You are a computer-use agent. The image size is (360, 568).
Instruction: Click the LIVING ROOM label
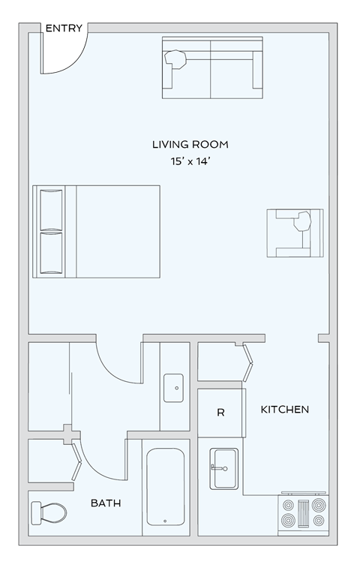click(190, 144)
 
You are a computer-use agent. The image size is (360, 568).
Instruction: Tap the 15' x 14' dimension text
click(190, 161)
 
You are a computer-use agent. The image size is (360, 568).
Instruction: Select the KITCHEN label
click(284, 410)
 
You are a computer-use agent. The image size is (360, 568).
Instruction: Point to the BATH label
click(106, 503)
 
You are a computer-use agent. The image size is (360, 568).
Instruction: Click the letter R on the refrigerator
click(220, 413)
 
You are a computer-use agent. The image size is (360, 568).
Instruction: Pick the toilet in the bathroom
click(49, 512)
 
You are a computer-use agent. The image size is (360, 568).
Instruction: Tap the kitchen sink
click(223, 468)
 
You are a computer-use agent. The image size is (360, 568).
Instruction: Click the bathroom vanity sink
click(174, 388)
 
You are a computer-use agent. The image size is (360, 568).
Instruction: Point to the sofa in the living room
click(212, 68)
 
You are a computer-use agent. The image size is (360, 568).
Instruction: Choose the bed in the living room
click(96, 231)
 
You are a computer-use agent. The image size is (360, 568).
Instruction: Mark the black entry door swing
click(63, 48)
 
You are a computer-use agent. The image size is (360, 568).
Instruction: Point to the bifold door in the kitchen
click(247, 362)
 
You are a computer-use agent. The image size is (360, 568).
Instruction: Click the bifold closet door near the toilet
click(77, 460)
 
